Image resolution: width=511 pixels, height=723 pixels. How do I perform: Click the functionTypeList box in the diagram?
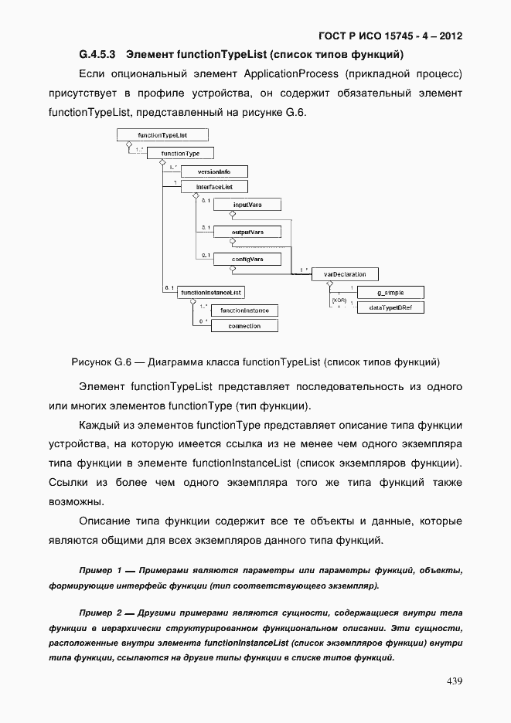162,135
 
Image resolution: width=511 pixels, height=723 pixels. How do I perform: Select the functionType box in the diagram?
180,154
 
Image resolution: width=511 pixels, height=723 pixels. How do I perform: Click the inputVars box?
247,205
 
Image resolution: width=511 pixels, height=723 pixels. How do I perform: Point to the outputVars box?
247,232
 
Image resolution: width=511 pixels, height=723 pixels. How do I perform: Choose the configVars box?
247,260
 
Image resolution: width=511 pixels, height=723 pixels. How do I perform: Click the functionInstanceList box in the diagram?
211,293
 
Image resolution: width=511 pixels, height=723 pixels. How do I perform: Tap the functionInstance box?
244,311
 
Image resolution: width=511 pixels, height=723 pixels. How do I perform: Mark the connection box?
244,326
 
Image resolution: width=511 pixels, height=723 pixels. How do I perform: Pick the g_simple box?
390,293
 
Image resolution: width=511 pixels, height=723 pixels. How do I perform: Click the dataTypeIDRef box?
390,307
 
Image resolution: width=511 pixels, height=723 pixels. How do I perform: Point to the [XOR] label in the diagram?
338,300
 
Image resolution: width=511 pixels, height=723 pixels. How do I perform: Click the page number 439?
454,681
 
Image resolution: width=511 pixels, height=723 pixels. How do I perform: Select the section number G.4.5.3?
97,55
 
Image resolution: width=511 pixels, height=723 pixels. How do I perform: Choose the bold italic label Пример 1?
100,570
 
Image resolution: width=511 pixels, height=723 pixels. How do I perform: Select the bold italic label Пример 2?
100,613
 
